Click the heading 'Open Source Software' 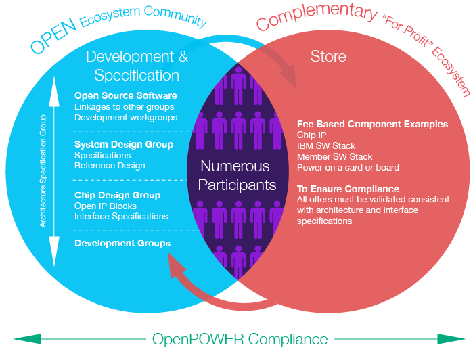click(126, 96)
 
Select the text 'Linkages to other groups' click(124, 107)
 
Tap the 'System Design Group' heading click(124, 144)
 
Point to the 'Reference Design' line click(110, 166)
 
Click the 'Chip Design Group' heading click(117, 195)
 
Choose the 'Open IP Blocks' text click(106, 206)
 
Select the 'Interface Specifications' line click(121, 217)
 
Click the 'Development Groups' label click(122, 243)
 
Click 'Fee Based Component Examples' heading click(372, 125)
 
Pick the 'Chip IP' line click(311, 135)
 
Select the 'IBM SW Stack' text click(326, 146)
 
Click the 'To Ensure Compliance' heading click(348, 189)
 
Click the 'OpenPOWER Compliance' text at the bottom click(240, 339)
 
